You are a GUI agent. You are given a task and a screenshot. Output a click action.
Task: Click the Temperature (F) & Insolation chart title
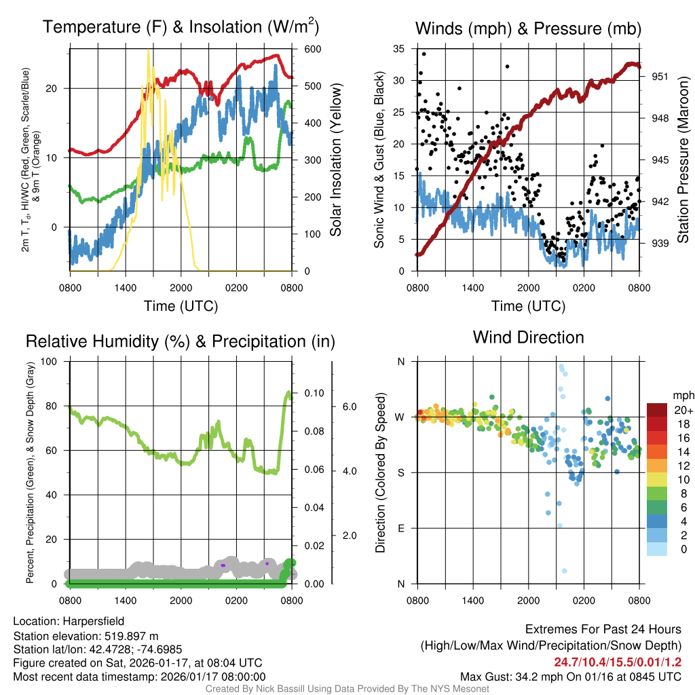pos(181,27)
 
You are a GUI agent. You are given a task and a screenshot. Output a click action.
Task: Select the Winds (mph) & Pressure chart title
pos(528,29)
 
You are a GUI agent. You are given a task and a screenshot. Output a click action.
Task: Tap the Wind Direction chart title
pos(528,337)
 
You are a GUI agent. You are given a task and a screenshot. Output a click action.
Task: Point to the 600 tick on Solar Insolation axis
pos(314,50)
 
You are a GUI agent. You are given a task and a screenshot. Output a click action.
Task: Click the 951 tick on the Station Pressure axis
pos(660,77)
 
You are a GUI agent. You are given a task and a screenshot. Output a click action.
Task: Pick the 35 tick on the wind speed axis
pos(399,49)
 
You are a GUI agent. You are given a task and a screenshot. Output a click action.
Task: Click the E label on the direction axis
pos(400,528)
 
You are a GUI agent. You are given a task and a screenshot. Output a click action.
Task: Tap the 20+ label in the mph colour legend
pos(683,411)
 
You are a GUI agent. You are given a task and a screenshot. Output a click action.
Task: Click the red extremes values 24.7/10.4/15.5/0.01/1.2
pos(618,662)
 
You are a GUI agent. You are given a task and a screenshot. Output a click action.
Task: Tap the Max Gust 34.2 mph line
pos(570,677)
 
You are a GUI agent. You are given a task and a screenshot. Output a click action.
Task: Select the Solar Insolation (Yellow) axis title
pos(336,160)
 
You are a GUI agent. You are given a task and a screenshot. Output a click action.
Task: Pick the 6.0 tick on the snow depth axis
pos(349,407)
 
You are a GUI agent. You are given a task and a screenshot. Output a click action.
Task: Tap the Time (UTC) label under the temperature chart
pos(181,306)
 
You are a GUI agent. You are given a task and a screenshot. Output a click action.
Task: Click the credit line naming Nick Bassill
pos(347,689)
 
